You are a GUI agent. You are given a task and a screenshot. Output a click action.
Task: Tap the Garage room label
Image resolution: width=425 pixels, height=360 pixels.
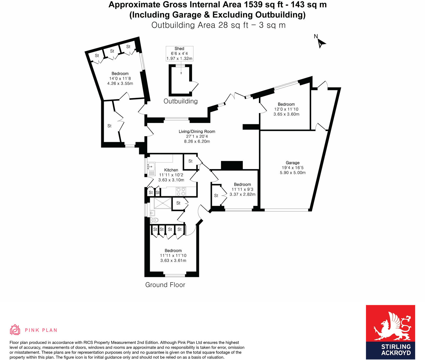point(292,163)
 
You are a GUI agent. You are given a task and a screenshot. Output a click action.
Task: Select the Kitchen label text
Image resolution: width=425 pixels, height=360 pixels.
point(171,170)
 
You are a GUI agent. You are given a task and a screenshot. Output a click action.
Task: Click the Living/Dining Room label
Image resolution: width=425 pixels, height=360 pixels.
point(197,131)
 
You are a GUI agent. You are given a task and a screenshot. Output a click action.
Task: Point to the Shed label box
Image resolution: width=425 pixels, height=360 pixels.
point(179,53)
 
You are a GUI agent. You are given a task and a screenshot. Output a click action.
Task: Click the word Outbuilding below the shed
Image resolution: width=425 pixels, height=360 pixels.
point(181,101)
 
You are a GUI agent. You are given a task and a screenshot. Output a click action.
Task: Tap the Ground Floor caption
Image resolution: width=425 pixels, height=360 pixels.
point(165,285)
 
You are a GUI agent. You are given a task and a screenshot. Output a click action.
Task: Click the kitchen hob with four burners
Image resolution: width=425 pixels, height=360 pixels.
point(181,191)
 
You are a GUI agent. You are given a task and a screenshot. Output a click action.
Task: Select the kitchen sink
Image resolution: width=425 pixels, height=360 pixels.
point(151,167)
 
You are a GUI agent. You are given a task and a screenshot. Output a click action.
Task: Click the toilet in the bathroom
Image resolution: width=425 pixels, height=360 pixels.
point(155,220)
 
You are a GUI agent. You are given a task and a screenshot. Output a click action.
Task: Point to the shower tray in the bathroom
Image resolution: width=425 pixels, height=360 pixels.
point(163,203)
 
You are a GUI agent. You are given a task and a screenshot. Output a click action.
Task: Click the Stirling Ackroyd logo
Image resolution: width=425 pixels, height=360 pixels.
point(390,332)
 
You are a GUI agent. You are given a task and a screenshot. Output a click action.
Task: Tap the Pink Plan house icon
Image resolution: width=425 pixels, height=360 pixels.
point(15,330)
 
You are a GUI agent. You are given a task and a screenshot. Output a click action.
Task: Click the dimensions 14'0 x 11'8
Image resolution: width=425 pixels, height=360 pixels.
point(120,79)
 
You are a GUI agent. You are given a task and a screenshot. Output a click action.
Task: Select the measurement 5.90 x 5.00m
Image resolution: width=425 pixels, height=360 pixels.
point(292,173)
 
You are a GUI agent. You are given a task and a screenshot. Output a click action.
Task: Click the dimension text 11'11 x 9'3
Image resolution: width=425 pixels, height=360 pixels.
point(242,189)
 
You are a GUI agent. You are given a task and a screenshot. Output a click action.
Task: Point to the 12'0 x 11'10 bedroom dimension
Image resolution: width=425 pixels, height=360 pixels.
point(286,109)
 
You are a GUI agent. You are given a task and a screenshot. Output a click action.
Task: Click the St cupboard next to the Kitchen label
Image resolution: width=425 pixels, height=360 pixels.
point(190,161)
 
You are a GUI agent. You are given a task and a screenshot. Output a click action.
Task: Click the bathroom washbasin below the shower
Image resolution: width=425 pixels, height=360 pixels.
point(152,213)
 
